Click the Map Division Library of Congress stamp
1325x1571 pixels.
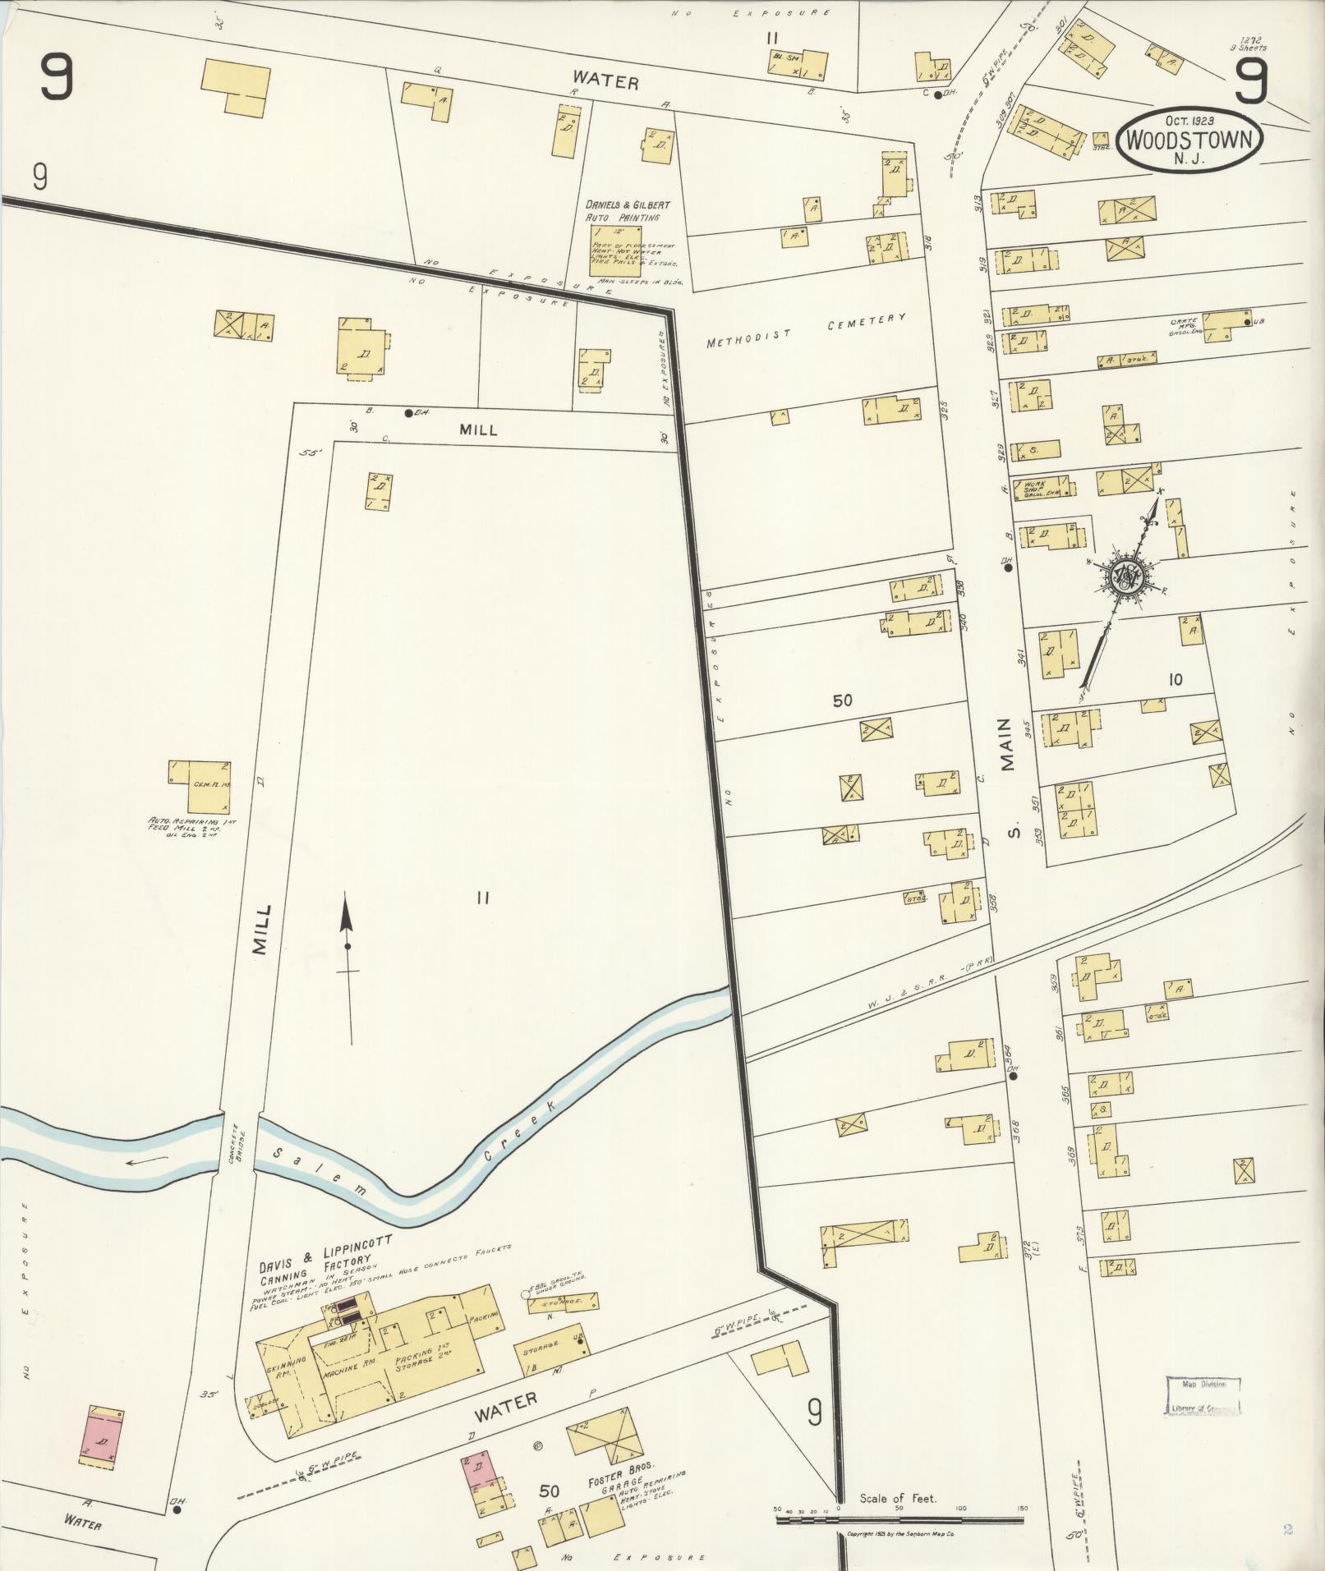[1203, 1396]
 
